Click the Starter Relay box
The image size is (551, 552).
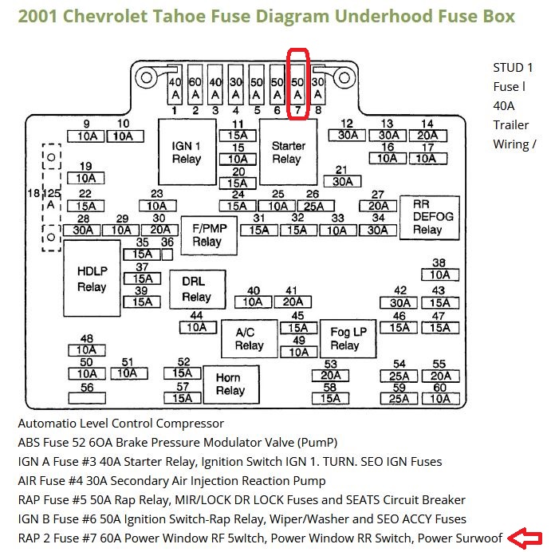(x=288, y=152)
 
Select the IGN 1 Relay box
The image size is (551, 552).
(x=187, y=152)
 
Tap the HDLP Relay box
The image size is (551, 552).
(x=92, y=278)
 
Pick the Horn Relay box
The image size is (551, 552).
(x=231, y=384)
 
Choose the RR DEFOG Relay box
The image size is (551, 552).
(x=430, y=218)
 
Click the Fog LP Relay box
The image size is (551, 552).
(x=348, y=339)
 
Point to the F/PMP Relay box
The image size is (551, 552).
(x=209, y=235)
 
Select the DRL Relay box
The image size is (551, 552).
(x=198, y=290)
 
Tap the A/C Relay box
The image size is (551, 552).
(x=250, y=339)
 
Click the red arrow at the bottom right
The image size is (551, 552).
(x=525, y=538)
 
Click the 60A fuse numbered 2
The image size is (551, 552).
(x=195, y=85)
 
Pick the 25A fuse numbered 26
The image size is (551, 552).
(x=316, y=206)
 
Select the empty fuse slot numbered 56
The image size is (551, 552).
(x=87, y=398)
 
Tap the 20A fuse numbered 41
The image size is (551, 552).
(x=293, y=302)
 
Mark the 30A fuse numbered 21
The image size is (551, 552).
(x=342, y=182)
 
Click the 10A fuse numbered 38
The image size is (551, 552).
(x=440, y=275)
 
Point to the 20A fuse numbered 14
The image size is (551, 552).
(x=428, y=136)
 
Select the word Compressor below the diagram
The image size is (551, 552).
(x=190, y=424)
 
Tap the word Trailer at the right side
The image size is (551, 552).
(x=511, y=125)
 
